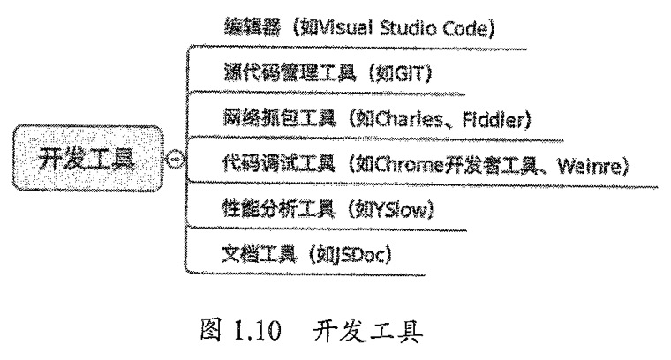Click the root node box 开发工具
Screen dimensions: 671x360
(x=87, y=158)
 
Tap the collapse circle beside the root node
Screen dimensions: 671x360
(x=175, y=160)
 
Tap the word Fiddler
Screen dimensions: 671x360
(x=493, y=119)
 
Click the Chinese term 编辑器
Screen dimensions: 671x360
(x=253, y=27)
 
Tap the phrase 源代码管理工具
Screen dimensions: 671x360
(x=290, y=72)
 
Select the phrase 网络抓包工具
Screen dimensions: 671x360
(x=280, y=118)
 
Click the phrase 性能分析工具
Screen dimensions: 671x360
(x=278, y=208)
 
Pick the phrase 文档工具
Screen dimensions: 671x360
(x=259, y=253)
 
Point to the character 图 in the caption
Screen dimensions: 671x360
(x=211, y=330)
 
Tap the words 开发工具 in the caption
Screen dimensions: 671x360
(x=368, y=331)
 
